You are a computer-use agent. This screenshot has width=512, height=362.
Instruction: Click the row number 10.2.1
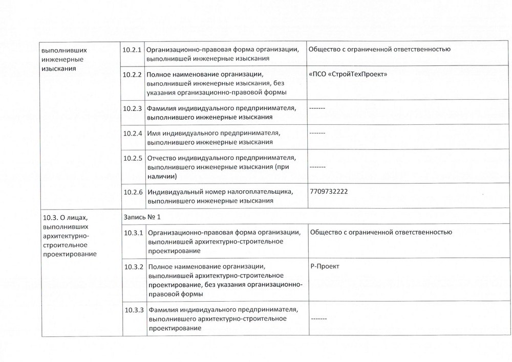point(132,49)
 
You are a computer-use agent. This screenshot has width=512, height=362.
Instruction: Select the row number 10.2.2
point(132,74)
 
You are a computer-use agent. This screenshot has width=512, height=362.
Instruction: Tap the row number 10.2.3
point(132,108)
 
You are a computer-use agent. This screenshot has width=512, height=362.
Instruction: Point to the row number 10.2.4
point(132,133)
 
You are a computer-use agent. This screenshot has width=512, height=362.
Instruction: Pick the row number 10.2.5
point(132,157)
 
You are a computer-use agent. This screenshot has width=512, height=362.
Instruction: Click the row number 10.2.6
point(132,192)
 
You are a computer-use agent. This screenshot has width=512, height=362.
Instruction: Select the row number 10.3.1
point(133,233)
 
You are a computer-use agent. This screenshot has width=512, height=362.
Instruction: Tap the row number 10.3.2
point(133,267)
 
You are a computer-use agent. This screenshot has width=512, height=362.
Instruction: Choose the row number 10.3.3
point(133,309)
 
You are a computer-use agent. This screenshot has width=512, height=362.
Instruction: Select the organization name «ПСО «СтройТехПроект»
point(348,74)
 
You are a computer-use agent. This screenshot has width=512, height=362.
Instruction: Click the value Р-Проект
point(325,266)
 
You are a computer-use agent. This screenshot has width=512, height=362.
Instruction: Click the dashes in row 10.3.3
point(319,319)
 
